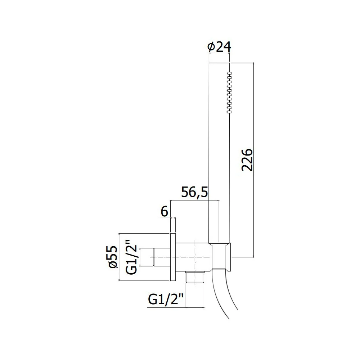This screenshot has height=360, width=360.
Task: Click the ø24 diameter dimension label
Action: pyautogui.click(x=219, y=47)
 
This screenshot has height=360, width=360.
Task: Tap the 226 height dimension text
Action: pyautogui.click(x=247, y=160)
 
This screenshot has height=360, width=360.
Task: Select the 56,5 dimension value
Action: pyautogui.click(x=194, y=192)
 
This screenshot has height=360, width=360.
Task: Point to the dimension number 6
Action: pyautogui.click(x=165, y=211)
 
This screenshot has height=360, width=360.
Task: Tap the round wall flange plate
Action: pyautogui.click(x=173, y=257)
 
